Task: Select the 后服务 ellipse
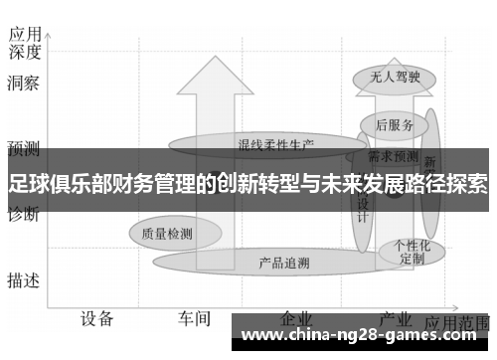click(x=395, y=125)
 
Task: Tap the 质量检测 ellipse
click(x=167, y=234)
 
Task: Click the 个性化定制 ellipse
click(x=412, y=250)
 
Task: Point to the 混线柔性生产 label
click(x=275, y=144)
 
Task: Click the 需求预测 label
click(x=393, y=156)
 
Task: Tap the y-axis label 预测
click(x=23, y=150)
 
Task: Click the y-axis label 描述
click(x=23, y=280)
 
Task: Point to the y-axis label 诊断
click(x=23, y=214)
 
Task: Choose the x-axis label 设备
click(x=97, y=319)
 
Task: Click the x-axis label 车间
click(x=194, y=319)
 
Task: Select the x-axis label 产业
click(x=396, y=319)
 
